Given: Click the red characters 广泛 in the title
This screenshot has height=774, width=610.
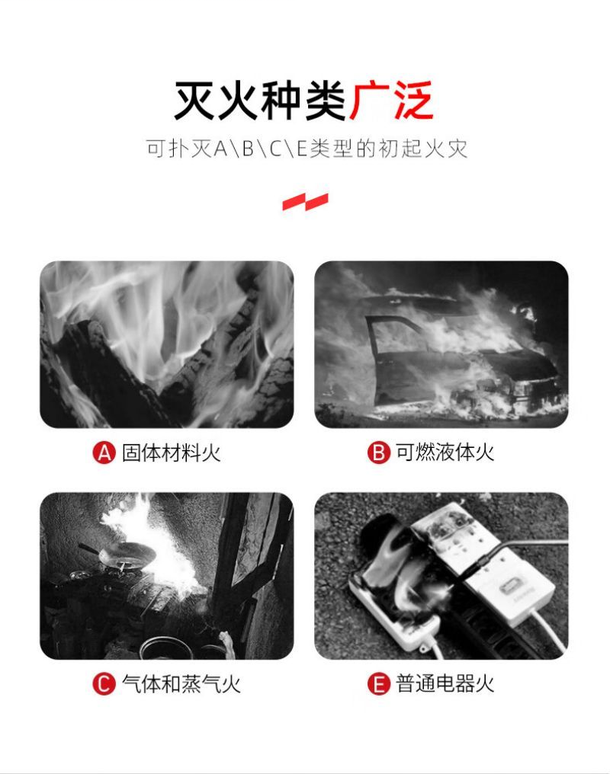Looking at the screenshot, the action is pos(391,101).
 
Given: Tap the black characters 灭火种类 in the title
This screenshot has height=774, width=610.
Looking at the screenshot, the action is pos(260,101).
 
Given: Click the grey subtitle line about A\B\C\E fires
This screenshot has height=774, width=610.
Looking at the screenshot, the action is pos(307,148).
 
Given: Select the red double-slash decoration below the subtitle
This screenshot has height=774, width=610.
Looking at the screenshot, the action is pos(305,201).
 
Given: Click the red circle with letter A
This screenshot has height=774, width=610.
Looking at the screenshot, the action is pos(104,453).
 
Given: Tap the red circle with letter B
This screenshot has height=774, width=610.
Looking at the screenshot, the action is pos(378,453).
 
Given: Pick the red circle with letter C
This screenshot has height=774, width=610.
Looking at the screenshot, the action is pos(104,684).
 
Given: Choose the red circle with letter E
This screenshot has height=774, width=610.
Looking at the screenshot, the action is pos(378,684).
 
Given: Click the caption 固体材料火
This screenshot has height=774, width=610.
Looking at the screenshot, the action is pos(171,453).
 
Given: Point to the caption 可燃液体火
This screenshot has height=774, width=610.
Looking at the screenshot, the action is pos(445,453).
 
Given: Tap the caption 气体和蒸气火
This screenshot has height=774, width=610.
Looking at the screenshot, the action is pos(181,684).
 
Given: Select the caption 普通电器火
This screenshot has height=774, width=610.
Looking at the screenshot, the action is pos(445,684).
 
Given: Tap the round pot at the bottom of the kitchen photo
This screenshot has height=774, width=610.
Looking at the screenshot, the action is pos(164,648).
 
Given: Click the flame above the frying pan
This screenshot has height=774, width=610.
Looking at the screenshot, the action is pos(148,538).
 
